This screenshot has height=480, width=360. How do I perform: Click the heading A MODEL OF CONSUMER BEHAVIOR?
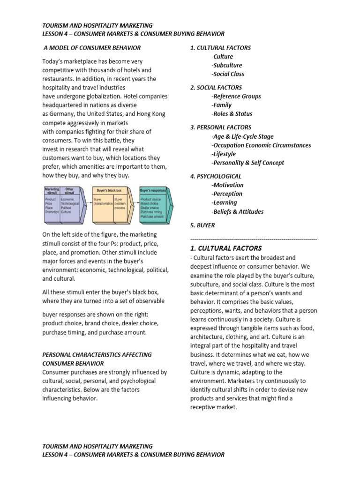pyautogui.click(x=92, y=48)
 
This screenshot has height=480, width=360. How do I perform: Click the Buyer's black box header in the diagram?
pyautogui.click(x=109, y=191)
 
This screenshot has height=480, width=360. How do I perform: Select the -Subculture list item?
pyautogui.click(x=227, y=65)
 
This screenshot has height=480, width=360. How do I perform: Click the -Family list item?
pyautogui.click(x=222, y=105)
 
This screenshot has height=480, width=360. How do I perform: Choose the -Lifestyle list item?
pyautogui.click(x=224, y=154)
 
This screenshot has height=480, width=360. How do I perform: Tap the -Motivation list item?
pyautogui.click(x=227, y=185)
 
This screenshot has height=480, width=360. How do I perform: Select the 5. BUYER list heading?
pyautogui.click(x=202, y=225)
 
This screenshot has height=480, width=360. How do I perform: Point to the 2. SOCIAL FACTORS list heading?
pyautogui.click(x=216, y=87)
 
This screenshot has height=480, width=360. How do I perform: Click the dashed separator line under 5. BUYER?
pyautogui.click(x=253, y=239)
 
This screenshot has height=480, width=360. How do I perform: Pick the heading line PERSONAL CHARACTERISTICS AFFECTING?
pyautogui.click(x=97, y=355)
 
